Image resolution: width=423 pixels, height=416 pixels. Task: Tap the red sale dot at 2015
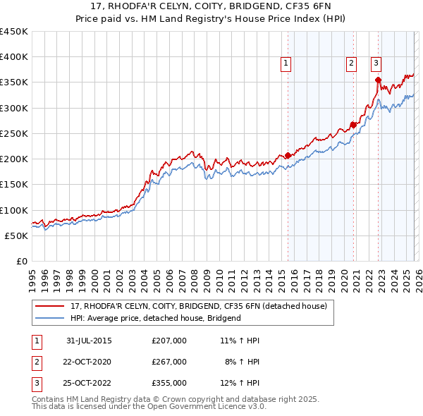[288, 156]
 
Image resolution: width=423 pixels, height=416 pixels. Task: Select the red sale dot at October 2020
[353, 126]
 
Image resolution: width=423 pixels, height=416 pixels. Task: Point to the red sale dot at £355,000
[378, 80]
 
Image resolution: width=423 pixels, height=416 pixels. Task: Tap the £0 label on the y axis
[20, 261]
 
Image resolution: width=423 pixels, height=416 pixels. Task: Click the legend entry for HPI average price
[156, 318]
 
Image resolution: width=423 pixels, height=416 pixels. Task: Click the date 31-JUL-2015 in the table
[89, 341]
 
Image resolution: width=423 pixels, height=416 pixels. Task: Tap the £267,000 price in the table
[169, 362]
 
